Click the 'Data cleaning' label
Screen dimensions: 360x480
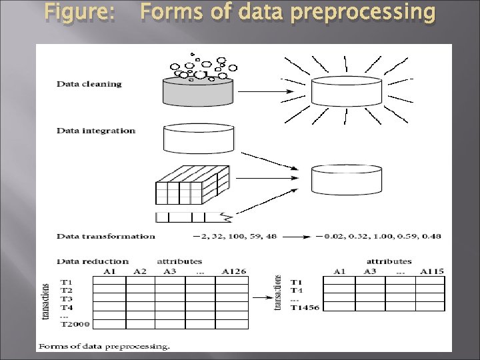coord(89,84)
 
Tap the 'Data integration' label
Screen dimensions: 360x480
coord(96,131)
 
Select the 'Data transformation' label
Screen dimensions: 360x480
coord(105,236)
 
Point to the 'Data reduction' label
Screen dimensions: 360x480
coord(93,261)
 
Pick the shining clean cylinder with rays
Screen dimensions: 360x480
coord(347,91)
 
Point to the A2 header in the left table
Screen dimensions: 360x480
coord(140,271)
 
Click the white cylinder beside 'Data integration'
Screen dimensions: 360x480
coord(198,137)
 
